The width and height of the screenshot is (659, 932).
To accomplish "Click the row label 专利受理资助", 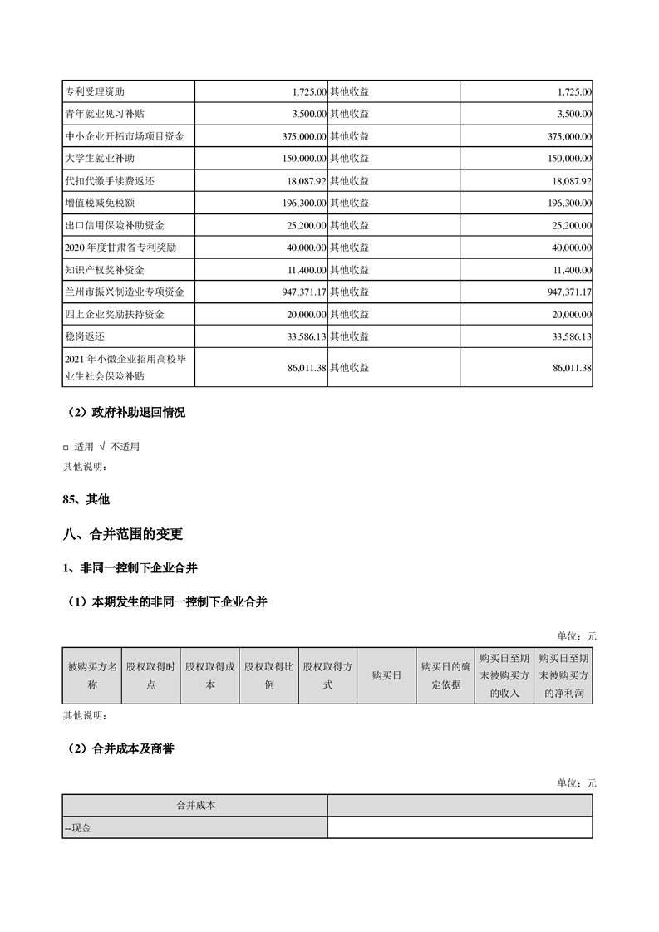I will pos(100,91).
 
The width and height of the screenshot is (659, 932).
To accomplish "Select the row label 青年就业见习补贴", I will pos(104,114).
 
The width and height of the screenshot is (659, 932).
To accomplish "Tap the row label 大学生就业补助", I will pos(99,159).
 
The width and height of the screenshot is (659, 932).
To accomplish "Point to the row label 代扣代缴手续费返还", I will pos(110,180).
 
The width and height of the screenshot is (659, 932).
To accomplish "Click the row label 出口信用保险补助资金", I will pos(114,225).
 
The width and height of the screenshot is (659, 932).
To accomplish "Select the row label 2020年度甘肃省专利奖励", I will pos(120,248).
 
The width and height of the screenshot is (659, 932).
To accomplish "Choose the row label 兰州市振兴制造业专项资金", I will pos(124,292).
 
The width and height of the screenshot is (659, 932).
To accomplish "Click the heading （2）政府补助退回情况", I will pos(125,413).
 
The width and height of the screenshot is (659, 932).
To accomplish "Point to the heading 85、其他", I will pos(86,499).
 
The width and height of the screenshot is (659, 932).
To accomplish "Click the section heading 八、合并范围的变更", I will pos(123,534).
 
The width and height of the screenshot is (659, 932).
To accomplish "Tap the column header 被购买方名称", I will pos(92,675).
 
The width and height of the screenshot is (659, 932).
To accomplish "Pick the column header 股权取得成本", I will pos(210,675).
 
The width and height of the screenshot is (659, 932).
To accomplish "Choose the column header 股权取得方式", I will pos(328,675).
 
